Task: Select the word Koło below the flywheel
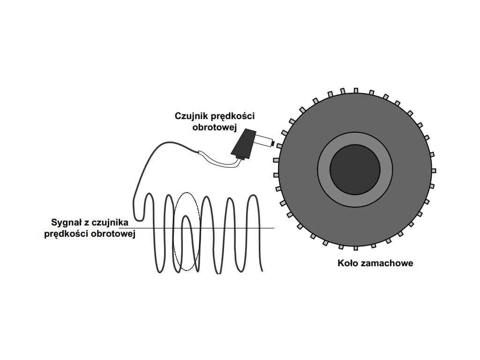[347, 263]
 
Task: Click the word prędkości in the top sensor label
[232, 116]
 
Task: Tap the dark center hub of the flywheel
[355, 169]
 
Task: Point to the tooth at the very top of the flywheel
[356, 90]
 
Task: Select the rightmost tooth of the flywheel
[434, 170]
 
